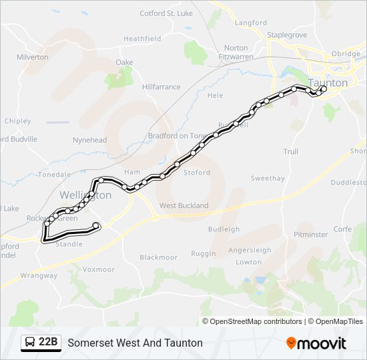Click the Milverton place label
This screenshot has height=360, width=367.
click(x=33, y=57)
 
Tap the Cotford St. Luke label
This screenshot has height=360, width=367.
click(x=166, y=13)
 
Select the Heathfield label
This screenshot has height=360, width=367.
click(x=142, y=39)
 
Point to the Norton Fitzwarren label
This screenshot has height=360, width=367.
click(x=236, y=53)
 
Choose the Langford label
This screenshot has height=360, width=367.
click(x=251, y=23)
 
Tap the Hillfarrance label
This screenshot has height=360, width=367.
click(x=161, y=87)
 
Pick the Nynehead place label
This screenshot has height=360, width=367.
click(x=89, y=140)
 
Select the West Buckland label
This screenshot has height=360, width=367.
click(x=183, y=205)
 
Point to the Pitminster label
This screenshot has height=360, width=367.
click(x=311, y=235)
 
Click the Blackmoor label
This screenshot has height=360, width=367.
click(x=158, y=257)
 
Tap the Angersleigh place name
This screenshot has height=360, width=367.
click(x=250, y=251)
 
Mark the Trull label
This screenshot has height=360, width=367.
click(x=290, y=152)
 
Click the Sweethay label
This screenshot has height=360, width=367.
click(x=268, y=179)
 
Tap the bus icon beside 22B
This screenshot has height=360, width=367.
click(x=30, y=343)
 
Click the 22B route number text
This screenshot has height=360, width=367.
click(x=49, y=343)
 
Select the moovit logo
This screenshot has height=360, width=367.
click(x=316, y=343)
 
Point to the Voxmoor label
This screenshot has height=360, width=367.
click(x=99, y=269)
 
